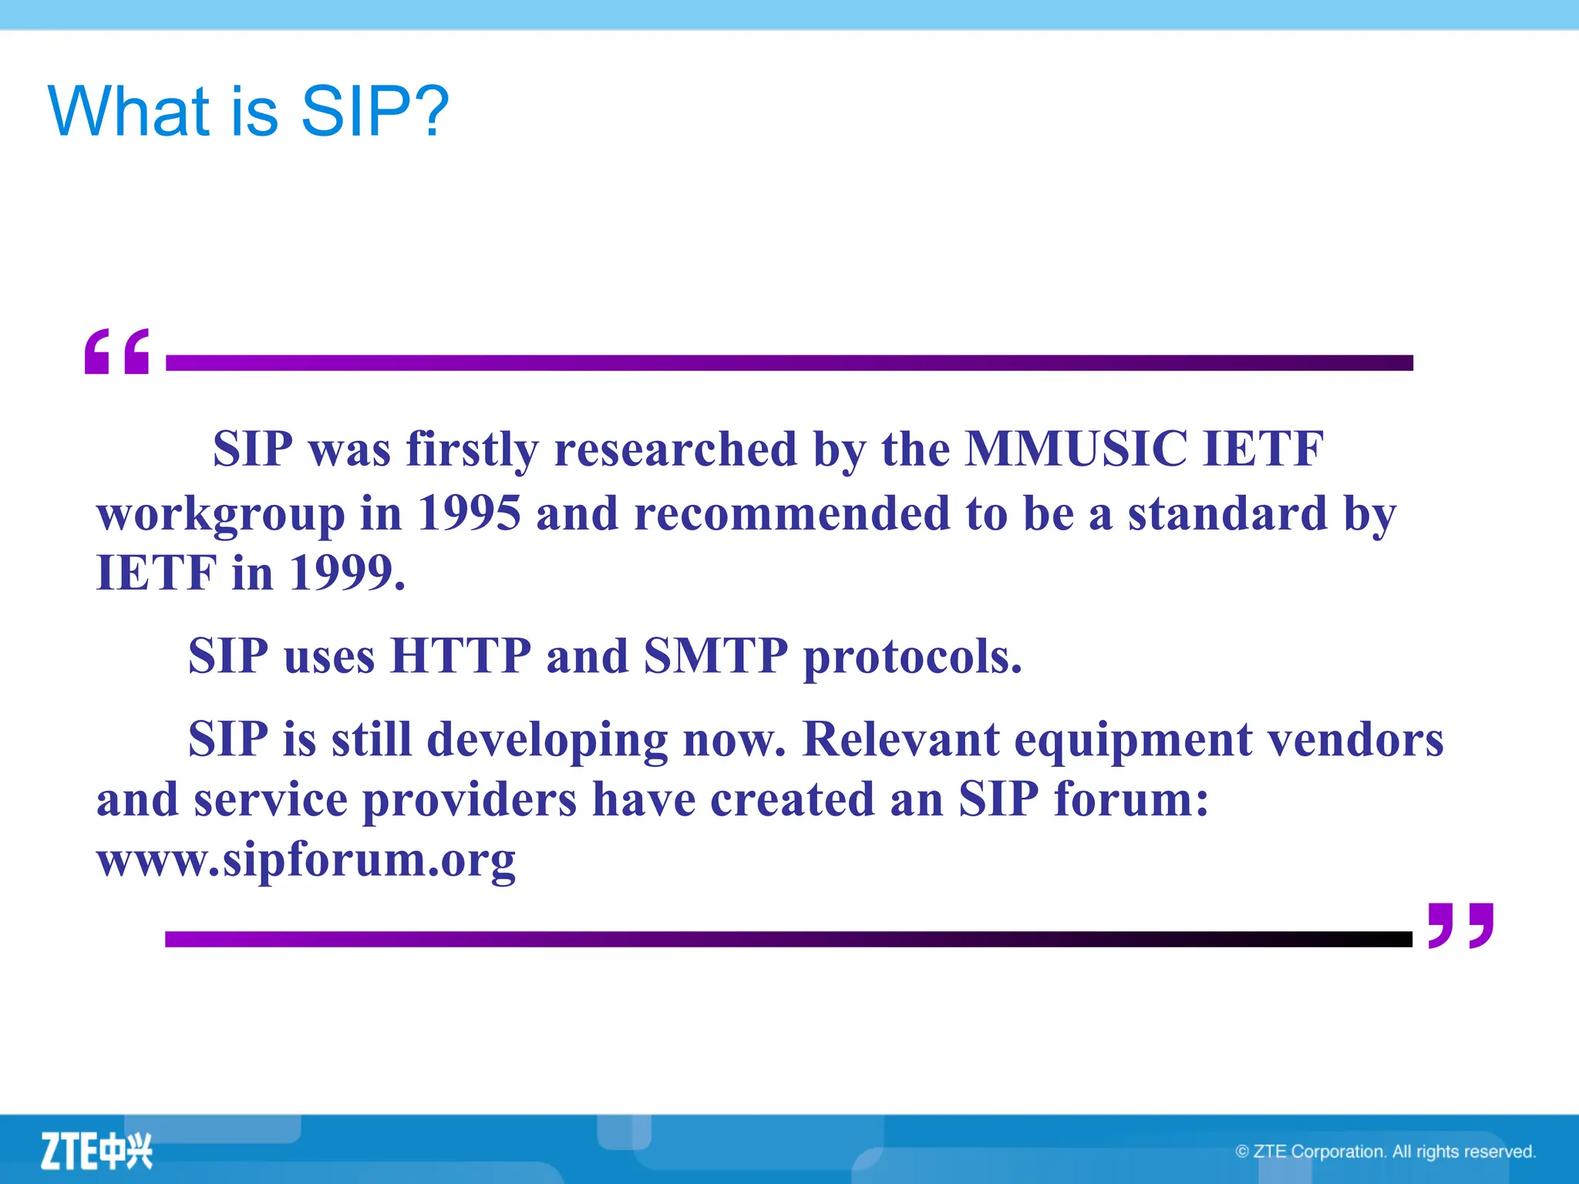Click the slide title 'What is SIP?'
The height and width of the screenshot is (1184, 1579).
(248, 112)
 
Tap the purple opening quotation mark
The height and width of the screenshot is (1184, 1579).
(117, 351)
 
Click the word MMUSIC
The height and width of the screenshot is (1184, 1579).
(1076, 449)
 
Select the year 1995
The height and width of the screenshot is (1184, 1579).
(469, 513)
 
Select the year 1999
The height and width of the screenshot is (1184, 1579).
(346, 573)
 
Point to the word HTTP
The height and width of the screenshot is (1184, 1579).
(460, 656)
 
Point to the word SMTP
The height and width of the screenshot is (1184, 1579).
(715, 656)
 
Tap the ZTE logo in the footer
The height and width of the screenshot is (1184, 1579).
(96, 1152)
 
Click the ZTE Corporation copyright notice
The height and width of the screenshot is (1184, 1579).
(1385, 1152)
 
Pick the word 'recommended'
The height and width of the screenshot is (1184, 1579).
(791, 513)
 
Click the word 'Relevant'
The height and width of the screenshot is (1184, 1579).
(901, 739)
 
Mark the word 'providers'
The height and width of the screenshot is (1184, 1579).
(469, 800)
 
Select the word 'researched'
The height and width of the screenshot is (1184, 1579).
(675, 449)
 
